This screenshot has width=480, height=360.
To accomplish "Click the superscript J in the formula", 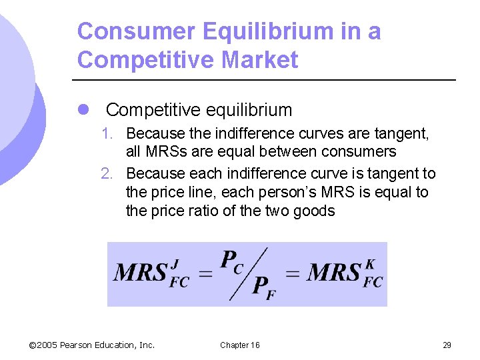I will point(177,263).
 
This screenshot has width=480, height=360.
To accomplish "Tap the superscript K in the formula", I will point(371,263).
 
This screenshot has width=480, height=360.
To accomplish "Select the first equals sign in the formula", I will point(207,273).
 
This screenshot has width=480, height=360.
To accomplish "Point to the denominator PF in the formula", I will point(264,287).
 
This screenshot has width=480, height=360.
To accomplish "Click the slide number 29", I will point(447,345).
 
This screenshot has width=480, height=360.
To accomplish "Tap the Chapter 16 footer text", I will point(240,345).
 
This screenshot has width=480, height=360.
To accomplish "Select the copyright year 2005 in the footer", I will point(47,345).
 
